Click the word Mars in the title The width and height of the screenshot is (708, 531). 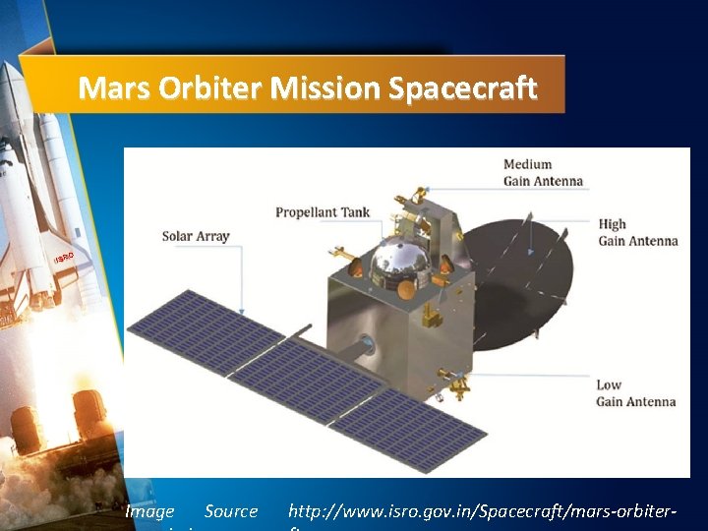click(113, 88)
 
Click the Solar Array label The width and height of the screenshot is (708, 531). click(196, 236)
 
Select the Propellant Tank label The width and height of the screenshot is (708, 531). click(324, 212)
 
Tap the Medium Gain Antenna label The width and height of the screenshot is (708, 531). click(543, 172)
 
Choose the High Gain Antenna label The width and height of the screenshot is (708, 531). click(637, 232)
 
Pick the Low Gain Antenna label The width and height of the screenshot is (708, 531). click(635, 393)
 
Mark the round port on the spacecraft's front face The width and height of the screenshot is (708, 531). click(366, 345)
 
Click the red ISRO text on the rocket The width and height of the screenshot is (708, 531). click(64, 258)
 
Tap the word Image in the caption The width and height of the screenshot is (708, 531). click(149, 511)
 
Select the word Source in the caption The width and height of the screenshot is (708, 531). click(231, 511)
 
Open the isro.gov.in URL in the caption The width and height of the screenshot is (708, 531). click(482, 511)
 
